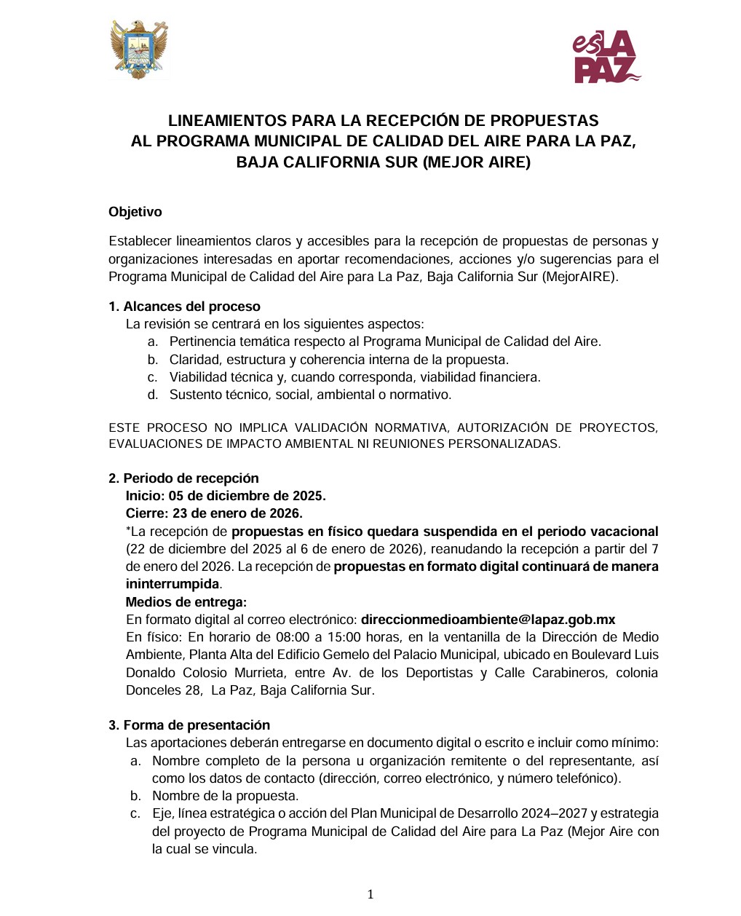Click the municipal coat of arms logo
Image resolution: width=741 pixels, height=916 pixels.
click(139, 50)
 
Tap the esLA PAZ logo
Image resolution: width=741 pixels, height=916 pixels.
click(606, 58)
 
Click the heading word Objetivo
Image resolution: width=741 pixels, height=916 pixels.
click(135, 212)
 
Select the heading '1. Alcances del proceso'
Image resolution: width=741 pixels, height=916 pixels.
click(184, 307)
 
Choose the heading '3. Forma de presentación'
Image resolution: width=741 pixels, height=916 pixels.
click(189, 725)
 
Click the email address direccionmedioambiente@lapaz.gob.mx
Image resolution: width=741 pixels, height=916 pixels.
click(488, 620)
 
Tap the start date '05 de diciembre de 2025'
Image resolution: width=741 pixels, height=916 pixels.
click(247, 496)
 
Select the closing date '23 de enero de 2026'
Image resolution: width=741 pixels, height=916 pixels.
click(237, 513)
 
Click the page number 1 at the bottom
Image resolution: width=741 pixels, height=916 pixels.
click(370, 895)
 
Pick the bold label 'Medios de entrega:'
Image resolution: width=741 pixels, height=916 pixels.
click(186, 602)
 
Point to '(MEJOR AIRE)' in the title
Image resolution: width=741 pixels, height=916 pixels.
click(476, 162)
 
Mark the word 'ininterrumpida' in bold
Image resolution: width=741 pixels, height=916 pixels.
click(173, 584)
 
